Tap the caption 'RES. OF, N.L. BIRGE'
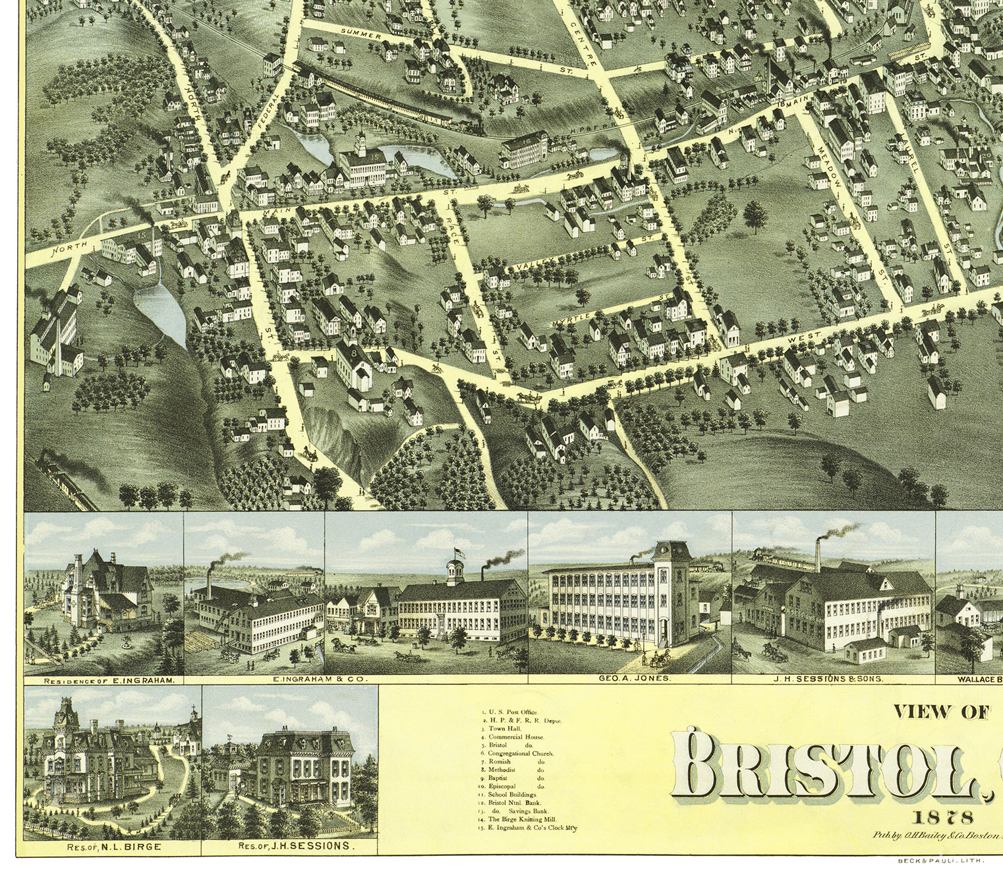click(113, 847)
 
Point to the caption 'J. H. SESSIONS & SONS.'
click(833, 678)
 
